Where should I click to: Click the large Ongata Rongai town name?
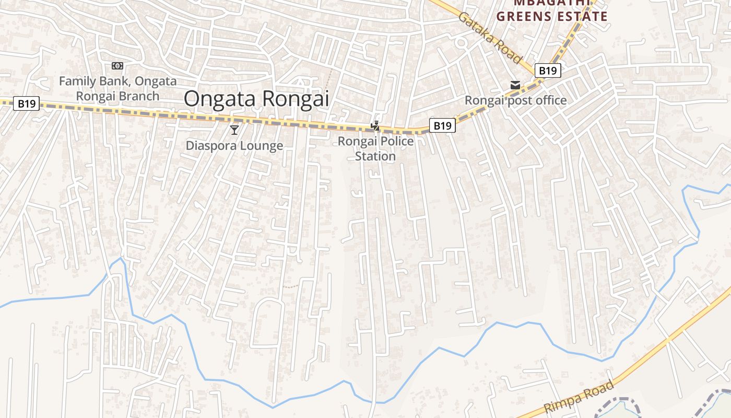click(x=256, y=99)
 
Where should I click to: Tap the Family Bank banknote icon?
click(x=117, y=66)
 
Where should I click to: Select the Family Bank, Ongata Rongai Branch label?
click(x=117, y=89)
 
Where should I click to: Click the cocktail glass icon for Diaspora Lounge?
click(x=234, y=129)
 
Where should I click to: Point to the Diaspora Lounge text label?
click(x=234, y=146)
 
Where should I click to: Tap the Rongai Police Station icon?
click(x=375, y=125)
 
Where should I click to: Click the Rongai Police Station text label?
click(x=375, y=148)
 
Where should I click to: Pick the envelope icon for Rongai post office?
click(x=515, y=85)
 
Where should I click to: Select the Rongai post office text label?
click(x=515, y=100)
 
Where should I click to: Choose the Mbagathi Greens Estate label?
click(x=552, y=10)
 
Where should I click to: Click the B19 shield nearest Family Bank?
click(x=26, y=103)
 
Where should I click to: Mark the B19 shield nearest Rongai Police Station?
click(x=442, y=125)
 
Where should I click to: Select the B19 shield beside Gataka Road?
click(x=548, y=71)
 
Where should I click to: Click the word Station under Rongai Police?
click(x=375, y=156)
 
